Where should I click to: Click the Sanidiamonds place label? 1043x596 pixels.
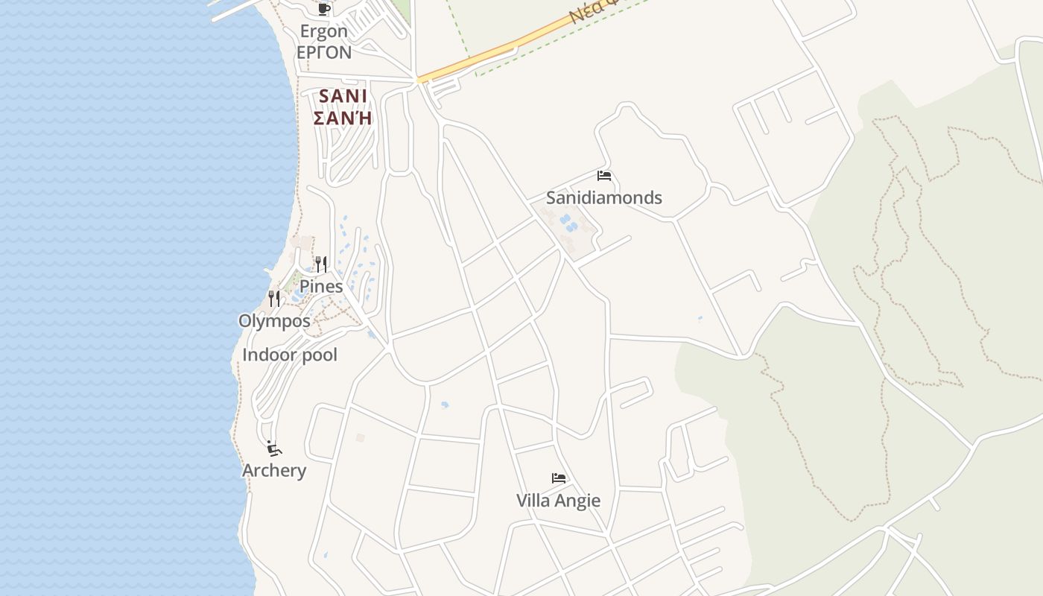pos(603,197)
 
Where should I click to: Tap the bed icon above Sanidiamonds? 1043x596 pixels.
pos(604,176)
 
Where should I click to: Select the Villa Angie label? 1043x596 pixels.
pos(558,500)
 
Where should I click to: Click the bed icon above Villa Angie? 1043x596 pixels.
pos(559,478)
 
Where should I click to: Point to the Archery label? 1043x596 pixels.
pos(274,470)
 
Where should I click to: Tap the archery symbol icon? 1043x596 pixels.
pos(274,448)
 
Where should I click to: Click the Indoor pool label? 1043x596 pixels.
pos(290,355)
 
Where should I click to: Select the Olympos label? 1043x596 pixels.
pos(274,321)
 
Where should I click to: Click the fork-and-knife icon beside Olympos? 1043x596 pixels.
pos(274,299)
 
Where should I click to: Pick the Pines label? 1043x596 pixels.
pos(321,286)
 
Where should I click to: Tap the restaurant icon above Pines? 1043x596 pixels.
pos(321,264)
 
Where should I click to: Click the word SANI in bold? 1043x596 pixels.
pos(343,96)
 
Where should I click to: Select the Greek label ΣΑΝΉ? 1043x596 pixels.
pos(343,118)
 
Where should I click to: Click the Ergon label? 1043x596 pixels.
pos(323,31)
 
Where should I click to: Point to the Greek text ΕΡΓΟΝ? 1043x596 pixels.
pos(323,52)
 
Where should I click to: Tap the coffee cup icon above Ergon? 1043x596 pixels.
pos(323,9)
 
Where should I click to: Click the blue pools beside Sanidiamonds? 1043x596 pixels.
pos(568,223)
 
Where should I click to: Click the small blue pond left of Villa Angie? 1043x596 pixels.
pos(445,405)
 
